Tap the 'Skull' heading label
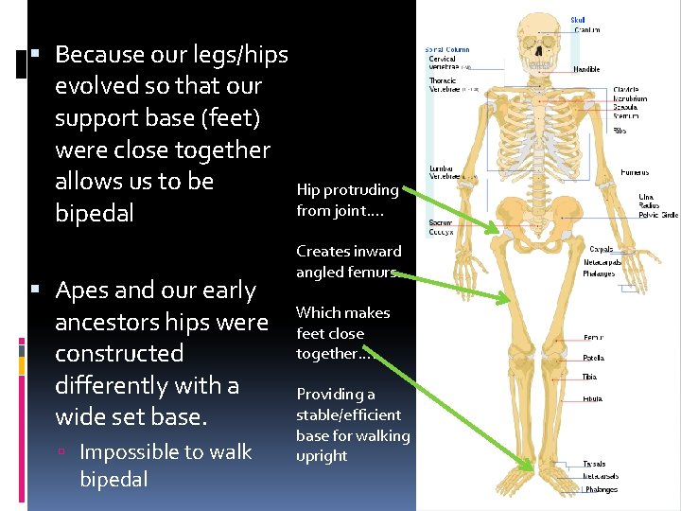point(577,18)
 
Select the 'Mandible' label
point(586,69)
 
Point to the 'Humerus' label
point(635,173)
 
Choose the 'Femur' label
point(594,337)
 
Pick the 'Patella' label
point(594,358)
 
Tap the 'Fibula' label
point(594,399)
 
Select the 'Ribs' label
point(620,131)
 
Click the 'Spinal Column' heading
point(447,49)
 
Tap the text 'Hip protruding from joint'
point(347,200)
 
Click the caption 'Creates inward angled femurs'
point(348,261)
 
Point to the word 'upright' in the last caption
point(322,455)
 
